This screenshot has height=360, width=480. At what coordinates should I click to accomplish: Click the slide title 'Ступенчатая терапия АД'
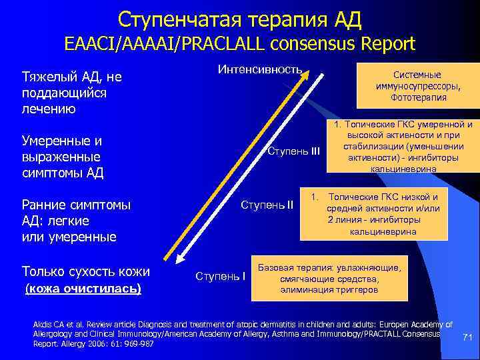pyautogui.click(x=239, y=18)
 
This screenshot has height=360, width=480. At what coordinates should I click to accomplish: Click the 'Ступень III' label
pyautogui.click(x=294, y=151)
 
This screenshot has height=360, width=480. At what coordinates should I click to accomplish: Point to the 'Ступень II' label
pyautogui.click(x=267, y=203)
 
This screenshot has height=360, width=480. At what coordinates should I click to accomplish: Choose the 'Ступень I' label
pyautogui.click(x=221, y=275)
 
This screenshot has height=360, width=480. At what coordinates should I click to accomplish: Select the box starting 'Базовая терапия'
pyautogui.click(x=329, y=279)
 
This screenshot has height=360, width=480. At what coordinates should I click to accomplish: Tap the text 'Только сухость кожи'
pyautogui.click(x=85, y=271)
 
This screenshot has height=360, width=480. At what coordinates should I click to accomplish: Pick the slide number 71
pyautogui.click(x=467, y=338)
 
